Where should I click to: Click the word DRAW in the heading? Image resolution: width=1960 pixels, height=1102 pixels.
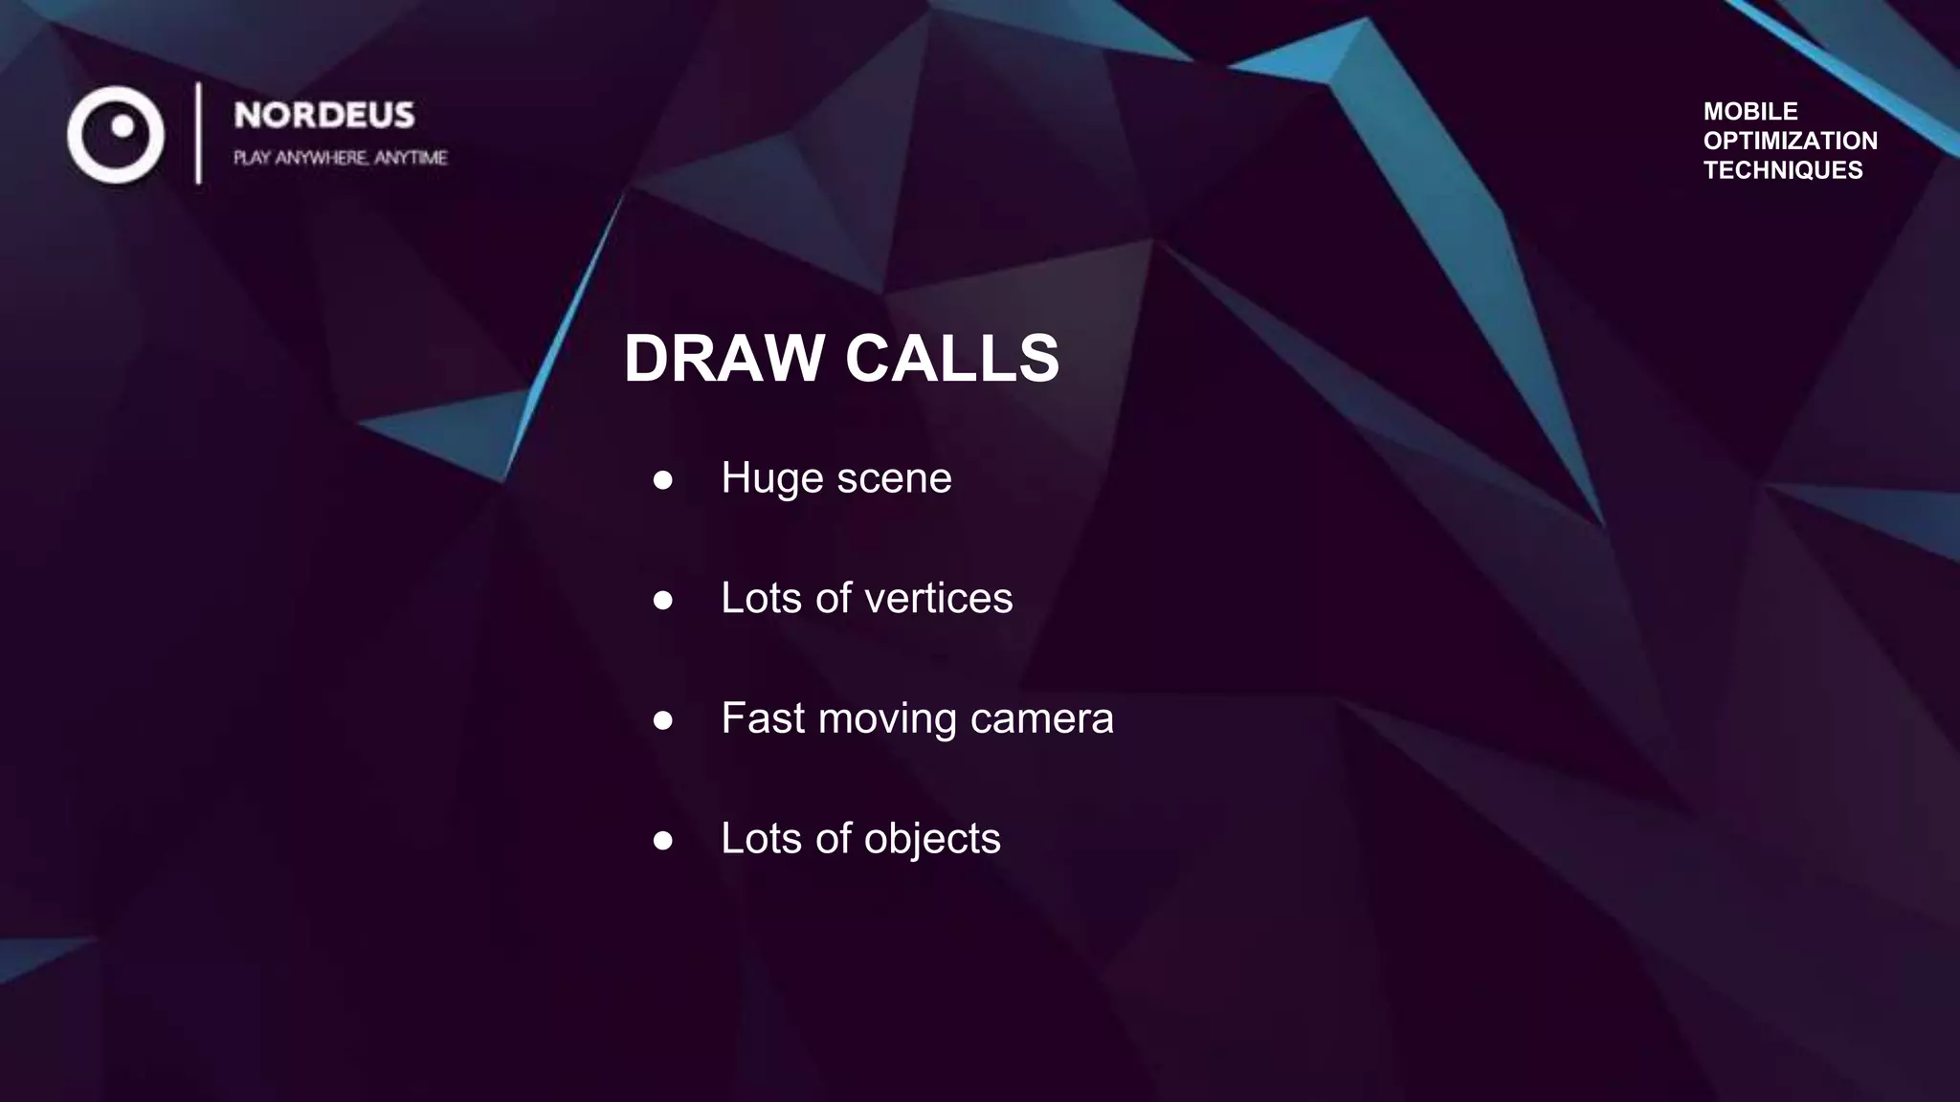[724, 359]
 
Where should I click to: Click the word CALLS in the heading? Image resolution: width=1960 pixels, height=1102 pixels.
[951, 359]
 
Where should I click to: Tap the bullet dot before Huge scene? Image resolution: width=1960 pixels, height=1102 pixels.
[662, 479]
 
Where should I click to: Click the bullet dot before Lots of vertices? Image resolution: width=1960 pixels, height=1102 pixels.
[662, 600]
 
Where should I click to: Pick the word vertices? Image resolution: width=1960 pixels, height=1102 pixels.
[938, 599]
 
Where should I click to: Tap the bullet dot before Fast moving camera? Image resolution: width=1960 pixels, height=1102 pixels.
[662, 719]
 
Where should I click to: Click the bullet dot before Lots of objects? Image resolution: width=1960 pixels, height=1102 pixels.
[662, 840]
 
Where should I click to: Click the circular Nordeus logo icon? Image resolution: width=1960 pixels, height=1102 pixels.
[116, 134]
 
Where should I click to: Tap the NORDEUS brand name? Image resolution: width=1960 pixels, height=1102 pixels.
[324, 116]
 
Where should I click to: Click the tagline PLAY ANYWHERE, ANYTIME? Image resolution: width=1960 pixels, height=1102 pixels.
[340, 158]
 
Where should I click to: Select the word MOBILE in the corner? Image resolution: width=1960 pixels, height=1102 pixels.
[1750, 111]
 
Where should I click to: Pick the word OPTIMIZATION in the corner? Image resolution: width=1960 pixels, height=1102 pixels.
[1790, 141]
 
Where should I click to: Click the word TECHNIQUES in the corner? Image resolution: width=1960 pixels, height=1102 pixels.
[1783, 170]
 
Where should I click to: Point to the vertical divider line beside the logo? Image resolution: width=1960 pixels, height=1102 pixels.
[198, 133]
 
